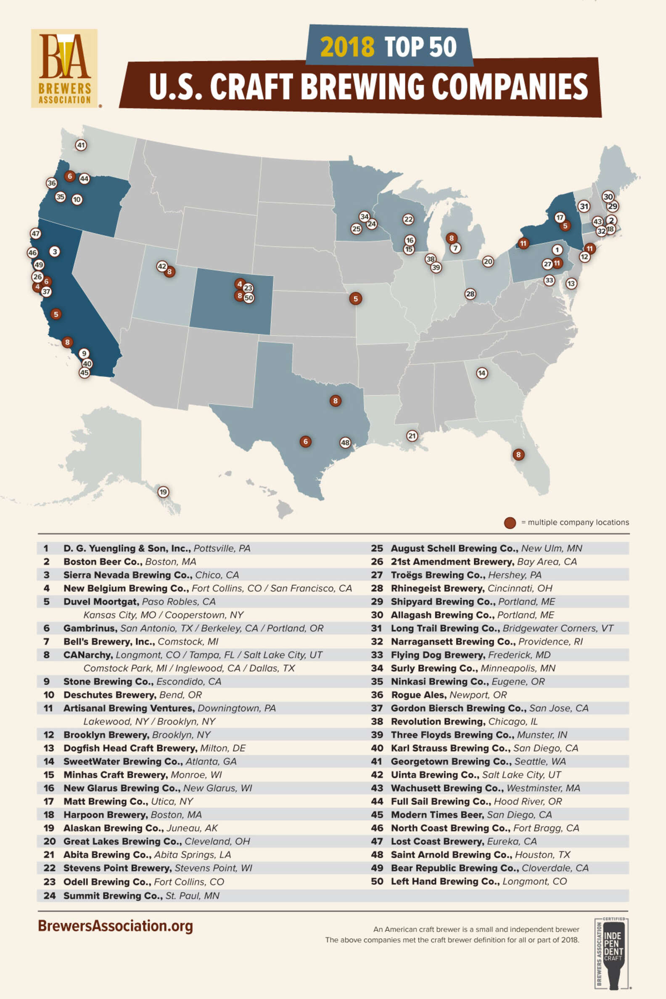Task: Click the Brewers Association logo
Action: pyautogui.click(x=64, y=68)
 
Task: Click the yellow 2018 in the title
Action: pyautogui.click(x=347, y=47)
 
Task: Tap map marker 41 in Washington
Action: pyautogui.click(x=81, y=145)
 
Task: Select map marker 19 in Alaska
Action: pyautogui.click(x=163, y=492)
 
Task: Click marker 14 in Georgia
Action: pyautogui.click(x=481, y=373)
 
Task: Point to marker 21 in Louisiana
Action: pyautogui.click(x=412, y=435)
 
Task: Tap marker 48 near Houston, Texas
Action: pyautogui.click(x=345, y=443)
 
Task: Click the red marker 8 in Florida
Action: pyautogui.click(x=518, y=455)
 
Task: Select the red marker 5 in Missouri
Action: pyautogui.click(x=356, y=299)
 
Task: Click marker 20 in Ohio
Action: pyautogui.click(x=488, y=262)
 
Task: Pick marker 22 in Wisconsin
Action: pyautogui.click(x=408, y=219)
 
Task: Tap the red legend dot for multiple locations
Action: pyautogui.click(x=510, y=523)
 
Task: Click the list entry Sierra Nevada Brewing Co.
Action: pyautogui.click(x=151, y=575)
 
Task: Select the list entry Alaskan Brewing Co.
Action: pyautogui.click(x=140, y=828)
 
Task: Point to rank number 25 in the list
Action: pyautogui.click(x=377, y=548)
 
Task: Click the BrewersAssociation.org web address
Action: pyautogui.click(x=115, y=925)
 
